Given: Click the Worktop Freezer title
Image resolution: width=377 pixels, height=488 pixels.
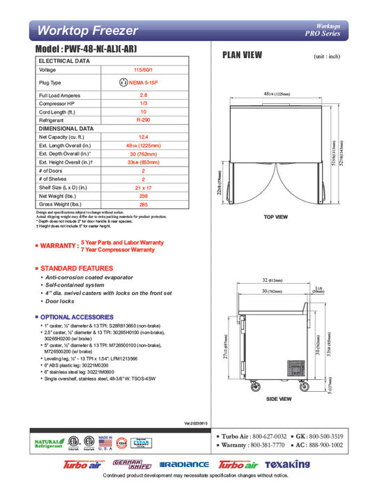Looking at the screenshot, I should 85,30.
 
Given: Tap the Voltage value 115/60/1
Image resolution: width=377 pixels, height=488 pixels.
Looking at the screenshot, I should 142,70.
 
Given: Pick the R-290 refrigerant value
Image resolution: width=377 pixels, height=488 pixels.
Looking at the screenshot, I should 142,120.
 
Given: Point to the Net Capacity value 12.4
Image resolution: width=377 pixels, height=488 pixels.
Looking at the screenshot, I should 142,137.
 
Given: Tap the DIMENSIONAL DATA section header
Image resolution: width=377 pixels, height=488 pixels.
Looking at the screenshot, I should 67,128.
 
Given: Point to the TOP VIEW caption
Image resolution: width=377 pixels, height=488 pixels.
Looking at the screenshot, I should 277,217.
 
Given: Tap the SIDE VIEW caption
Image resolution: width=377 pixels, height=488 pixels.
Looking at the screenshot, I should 279,399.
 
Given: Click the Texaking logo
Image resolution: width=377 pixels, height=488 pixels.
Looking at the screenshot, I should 287,464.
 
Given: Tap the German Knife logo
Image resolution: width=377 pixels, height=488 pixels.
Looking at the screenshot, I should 128,464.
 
